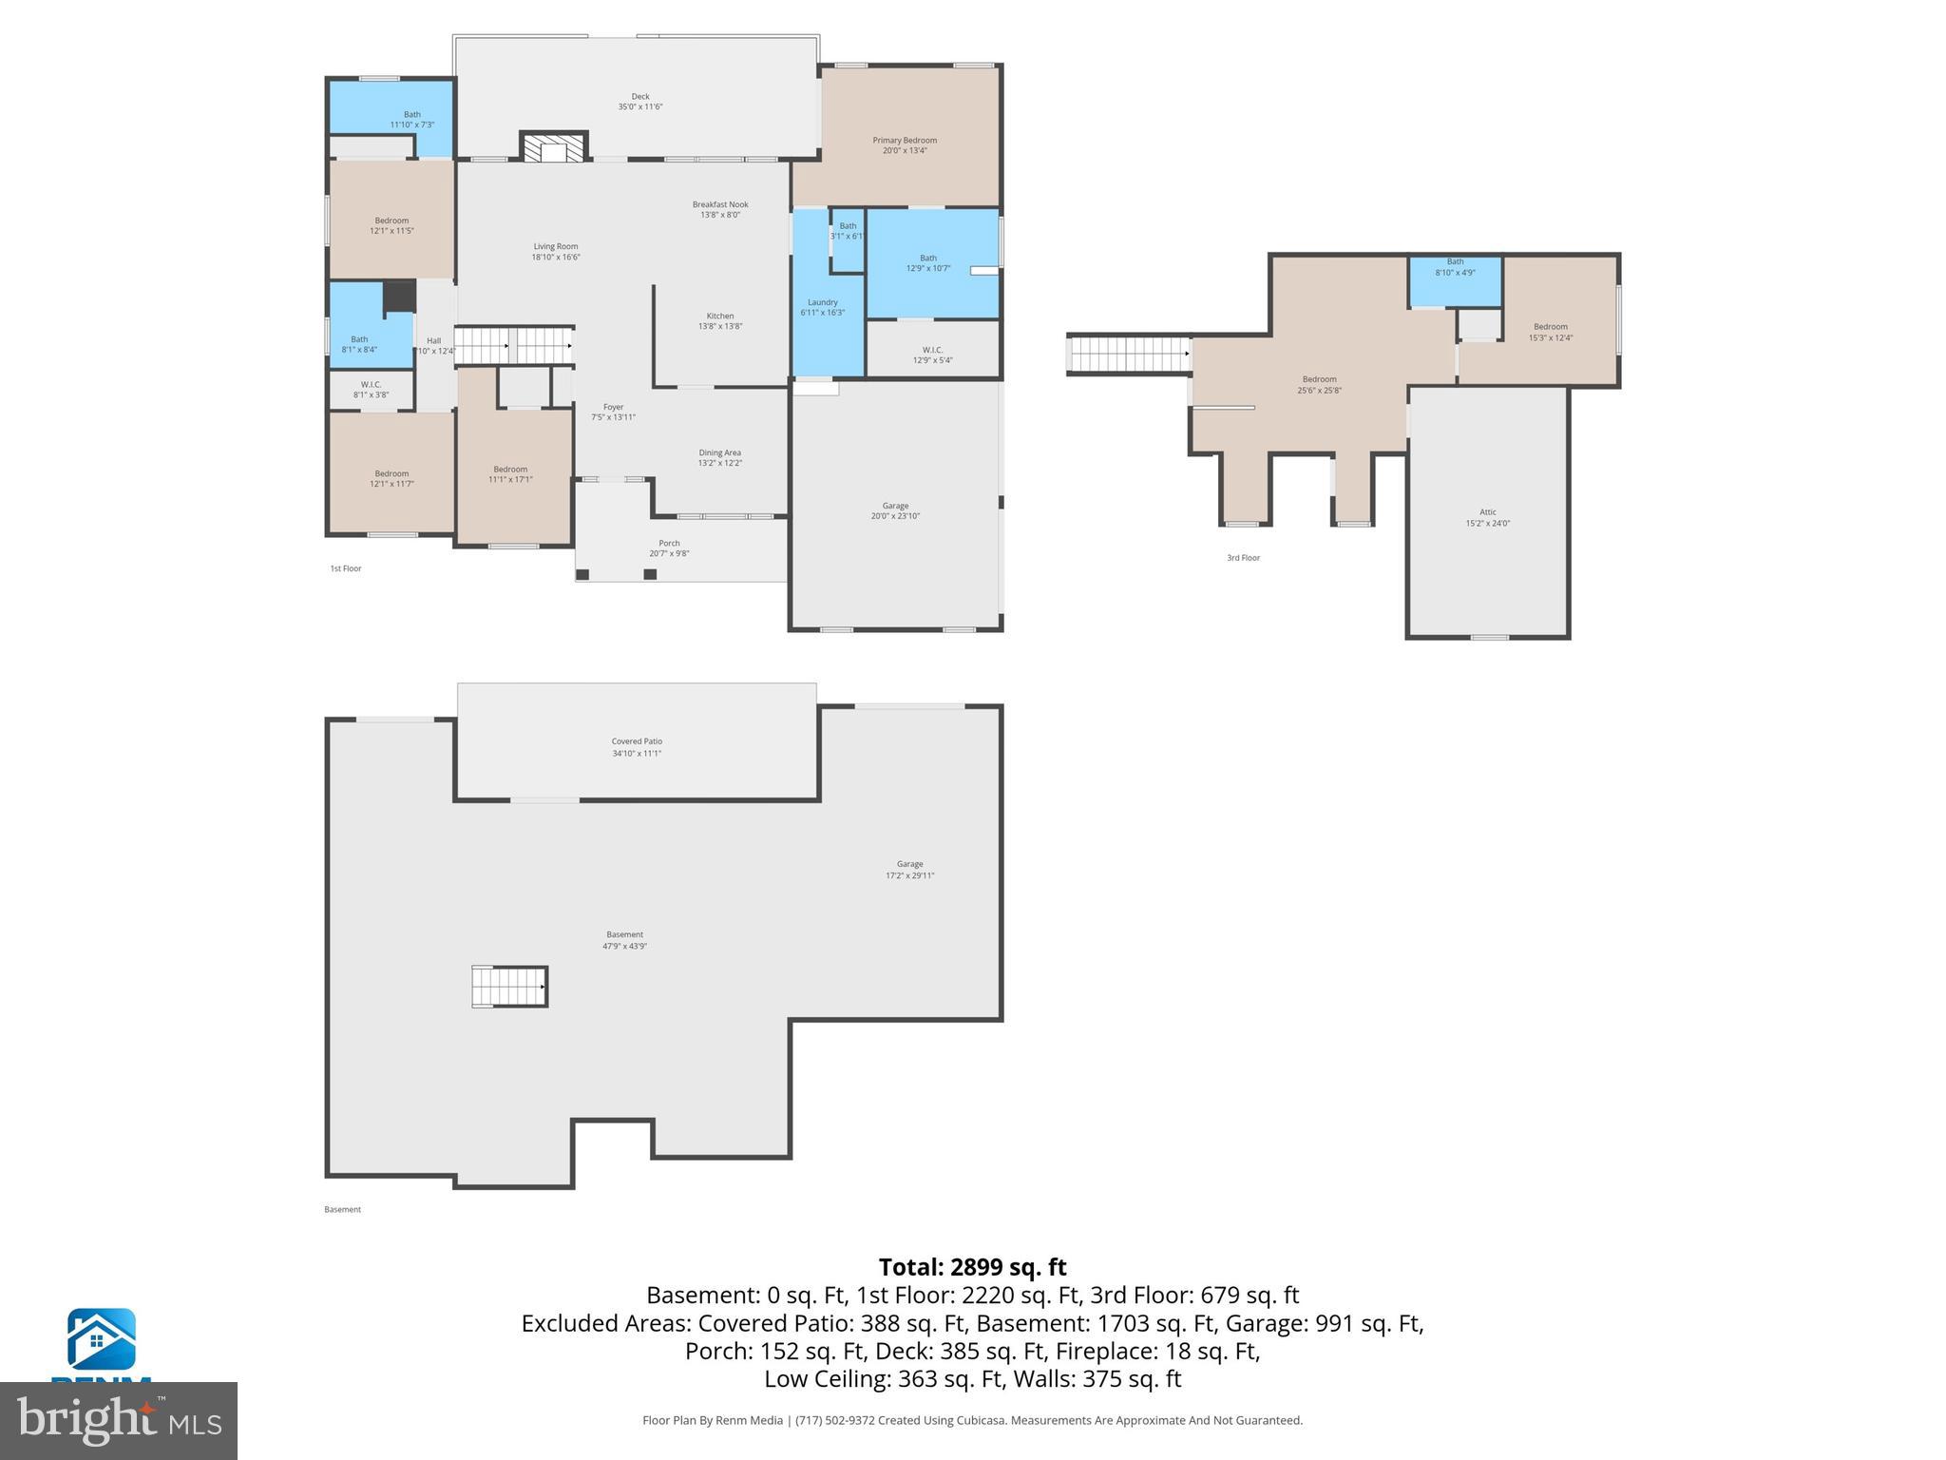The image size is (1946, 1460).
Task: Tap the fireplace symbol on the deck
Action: (x=554, y=148)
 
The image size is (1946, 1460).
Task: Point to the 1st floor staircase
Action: (x=513, y=345)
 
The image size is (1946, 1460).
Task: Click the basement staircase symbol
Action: (x=510, y=987)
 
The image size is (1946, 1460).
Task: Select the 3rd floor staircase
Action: (x=1129, y=355)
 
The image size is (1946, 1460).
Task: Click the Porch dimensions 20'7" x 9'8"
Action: (x=669, y=554)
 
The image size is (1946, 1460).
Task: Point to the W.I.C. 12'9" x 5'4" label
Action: (x=932, y=355)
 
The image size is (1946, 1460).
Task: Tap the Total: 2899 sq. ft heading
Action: (x=972, y=1267)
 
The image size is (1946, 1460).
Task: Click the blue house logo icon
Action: (x=101, y=1339)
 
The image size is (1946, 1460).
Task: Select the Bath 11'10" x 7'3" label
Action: (x=411, y=120)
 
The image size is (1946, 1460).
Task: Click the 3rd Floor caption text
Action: (x=1243, y=558)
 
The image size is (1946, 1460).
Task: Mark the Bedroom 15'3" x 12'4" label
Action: (x=1550, y=332)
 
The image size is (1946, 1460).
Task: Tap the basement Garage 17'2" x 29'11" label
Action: (x=909, y=870)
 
